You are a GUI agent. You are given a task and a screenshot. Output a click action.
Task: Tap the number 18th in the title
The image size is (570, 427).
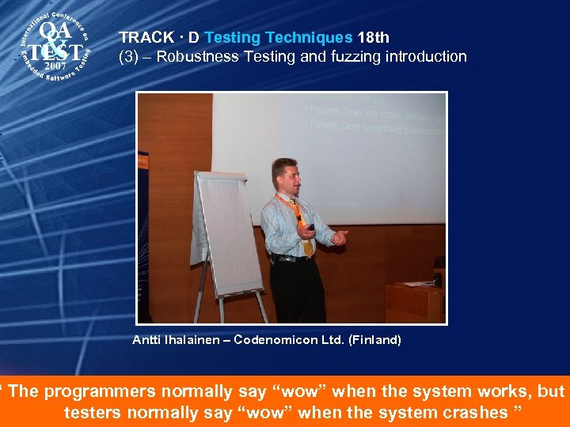click(x=373, y=37)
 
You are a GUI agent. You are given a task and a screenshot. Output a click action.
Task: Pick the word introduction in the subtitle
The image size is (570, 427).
click(x=426, y=56)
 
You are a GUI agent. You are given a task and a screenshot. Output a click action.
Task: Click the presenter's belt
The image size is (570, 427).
click(x=291, y=258)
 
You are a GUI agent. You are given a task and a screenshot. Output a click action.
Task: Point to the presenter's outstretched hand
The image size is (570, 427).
click(x=340, y=236)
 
